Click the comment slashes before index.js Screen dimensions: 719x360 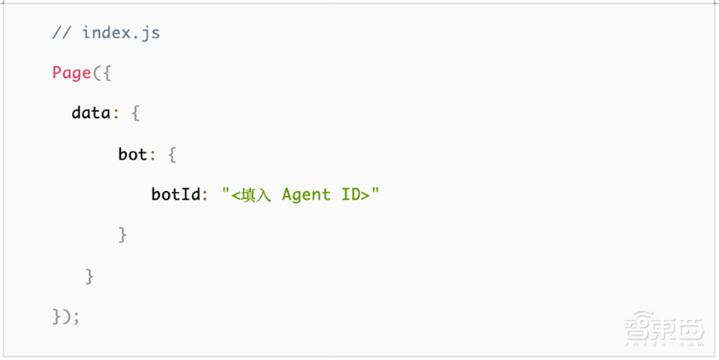61,33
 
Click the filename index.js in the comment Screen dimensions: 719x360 121,33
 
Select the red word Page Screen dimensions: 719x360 71,73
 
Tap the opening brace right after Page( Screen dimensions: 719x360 106,73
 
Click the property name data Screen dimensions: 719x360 91,113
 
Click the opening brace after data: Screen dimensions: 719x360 135,114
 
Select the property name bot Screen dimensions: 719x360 132,154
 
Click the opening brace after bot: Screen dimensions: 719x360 172,154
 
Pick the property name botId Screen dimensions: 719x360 176,194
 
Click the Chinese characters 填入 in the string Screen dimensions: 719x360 257,195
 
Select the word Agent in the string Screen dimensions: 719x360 306,195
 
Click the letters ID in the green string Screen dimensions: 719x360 350,194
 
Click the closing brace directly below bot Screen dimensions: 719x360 122,235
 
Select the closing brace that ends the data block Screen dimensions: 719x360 89,277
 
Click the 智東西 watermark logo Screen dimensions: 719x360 664,327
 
